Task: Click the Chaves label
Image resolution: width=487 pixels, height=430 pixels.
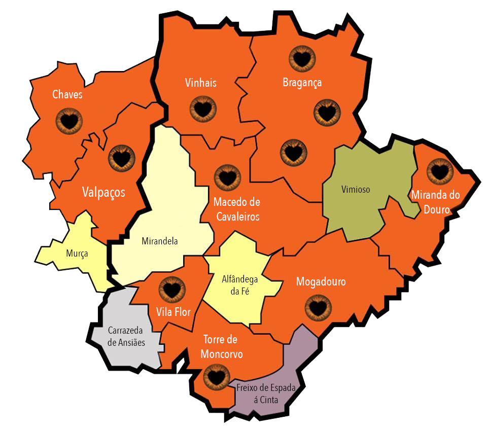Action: tap(67, 94)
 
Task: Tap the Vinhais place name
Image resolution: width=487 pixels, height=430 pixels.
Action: tap(201, 83)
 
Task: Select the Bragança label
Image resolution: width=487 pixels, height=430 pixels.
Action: tap(302, 83)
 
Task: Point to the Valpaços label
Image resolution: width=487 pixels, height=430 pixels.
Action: tap(103, 192)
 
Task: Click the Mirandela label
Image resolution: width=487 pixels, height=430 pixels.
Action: tap(160, 241)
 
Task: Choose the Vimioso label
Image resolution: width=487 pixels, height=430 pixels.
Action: tap(355, 190)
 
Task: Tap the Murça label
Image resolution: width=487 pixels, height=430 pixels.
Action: tap(77, 253)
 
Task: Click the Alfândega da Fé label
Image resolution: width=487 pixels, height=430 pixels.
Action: tap(240, 285)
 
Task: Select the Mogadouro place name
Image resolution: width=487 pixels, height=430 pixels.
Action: tap(321, 281)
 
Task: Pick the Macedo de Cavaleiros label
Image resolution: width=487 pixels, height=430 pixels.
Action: tap(237, 209)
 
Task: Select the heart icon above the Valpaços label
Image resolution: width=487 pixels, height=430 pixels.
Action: tap(122, 158)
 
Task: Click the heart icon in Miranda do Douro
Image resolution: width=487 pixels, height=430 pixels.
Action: tap(439, 171)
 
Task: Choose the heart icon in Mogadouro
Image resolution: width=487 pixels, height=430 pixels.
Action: tap(318, 308)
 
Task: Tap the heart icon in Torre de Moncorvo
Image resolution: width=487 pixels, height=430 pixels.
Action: tap(216, 377)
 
